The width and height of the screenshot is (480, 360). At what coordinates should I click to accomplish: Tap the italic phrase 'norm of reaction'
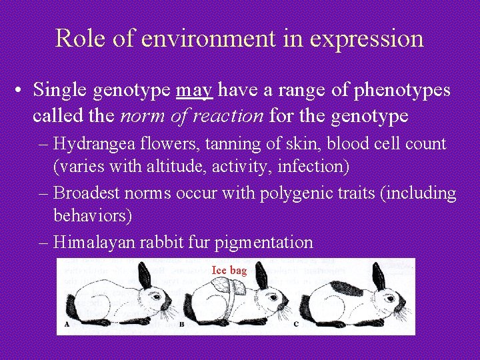[192, 116]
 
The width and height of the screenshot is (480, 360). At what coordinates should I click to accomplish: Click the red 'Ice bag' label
[229, 270]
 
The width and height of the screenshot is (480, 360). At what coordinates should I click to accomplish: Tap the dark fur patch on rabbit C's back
[345, 289]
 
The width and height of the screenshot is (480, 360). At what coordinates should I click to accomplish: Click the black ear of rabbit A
[144, 274]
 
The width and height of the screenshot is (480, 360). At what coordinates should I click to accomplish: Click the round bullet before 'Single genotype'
[22, 90]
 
